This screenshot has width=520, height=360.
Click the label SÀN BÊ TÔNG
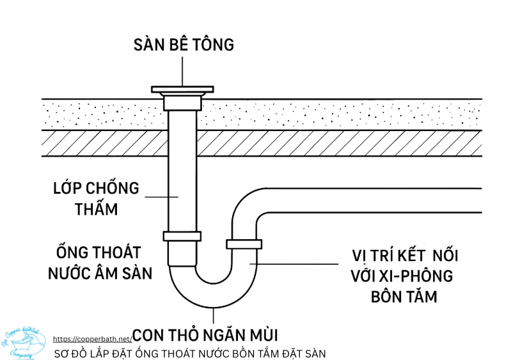pyautogui.click(x=184, y=45)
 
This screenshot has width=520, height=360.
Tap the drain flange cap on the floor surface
pyautogui.click(x=184, y=89)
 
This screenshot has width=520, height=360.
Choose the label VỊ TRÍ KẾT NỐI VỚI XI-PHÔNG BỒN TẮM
pyautogui.click(x=404, y=276)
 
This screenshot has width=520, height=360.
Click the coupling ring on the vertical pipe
pyautogui.click(x=182, y=236)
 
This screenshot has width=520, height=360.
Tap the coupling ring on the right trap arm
pyautogui.click(x=244, y=244)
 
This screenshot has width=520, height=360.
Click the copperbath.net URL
pyautogui.click(x=92, y=339)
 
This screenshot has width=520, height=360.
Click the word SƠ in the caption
pyautogui.click(x=61, y=353)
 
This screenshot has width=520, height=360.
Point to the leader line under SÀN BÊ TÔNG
pyautogui.click(x=184, y=70)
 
